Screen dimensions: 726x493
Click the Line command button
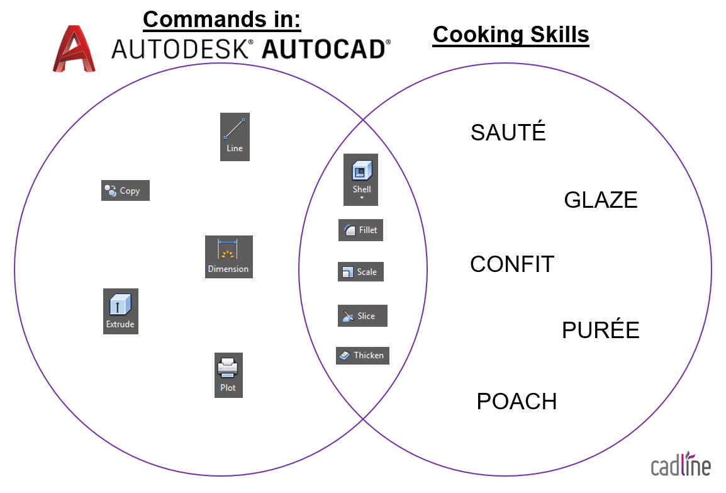click(235, 137)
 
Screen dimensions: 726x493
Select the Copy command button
click(125, 190)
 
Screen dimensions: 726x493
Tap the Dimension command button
click(229, 257)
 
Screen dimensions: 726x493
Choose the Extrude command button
click(120, 312)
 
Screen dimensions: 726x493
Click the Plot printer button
click(228, 375)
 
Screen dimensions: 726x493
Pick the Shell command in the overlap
click(360, 180)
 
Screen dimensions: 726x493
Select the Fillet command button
click(360, 230)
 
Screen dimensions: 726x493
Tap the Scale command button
click(360, 272)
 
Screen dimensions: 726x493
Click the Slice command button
click(362, 315)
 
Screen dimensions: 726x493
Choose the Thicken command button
click(362, 355)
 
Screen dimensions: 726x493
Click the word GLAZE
click(601, 200)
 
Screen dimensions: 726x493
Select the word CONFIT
click(512, 264)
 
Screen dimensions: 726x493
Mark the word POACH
click(517, 401)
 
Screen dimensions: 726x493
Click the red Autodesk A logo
click(74, 48)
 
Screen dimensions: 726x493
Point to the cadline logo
click(681, 464)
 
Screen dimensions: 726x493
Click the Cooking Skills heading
click(511, 35)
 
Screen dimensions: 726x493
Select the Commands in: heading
click(222, 20)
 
